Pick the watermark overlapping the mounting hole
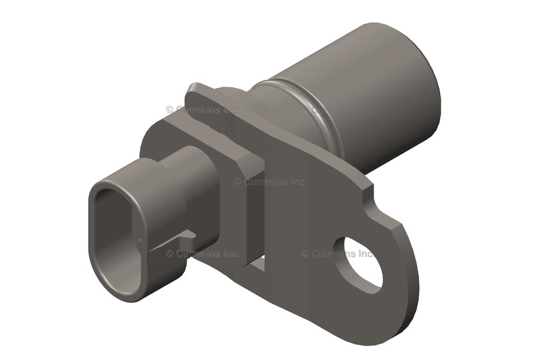tap(339, 254)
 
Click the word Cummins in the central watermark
tap(265, 182)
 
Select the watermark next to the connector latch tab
tap(203, 254)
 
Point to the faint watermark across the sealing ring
tap(338, 110)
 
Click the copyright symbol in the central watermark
tap(237, 182)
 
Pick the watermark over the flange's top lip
tap(201, 109)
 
